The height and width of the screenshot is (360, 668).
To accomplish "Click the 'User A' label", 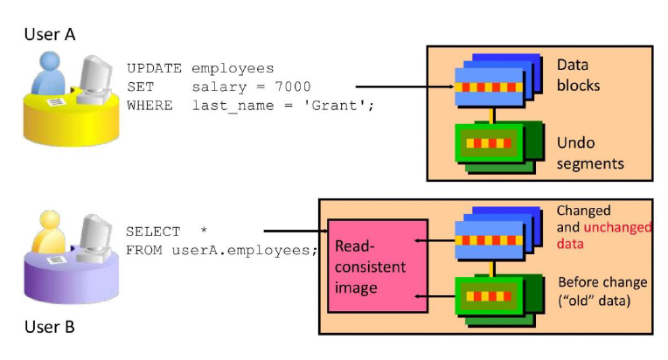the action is tap(50, 34).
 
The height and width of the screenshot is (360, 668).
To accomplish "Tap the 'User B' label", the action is tap(50, 327).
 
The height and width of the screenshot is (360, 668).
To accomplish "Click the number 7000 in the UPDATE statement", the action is tap(293, 87).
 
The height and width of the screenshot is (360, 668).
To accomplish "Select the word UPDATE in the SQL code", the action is tap(154, 68).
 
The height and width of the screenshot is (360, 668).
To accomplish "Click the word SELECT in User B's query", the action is tap(153, 232).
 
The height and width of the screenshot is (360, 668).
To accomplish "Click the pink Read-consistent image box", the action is tap(378, 266).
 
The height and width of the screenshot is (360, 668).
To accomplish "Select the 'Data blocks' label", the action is tap(578, 75).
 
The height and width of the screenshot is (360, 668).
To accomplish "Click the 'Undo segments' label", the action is tap(590, 153).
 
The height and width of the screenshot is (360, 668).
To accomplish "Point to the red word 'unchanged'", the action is tap(617, 227).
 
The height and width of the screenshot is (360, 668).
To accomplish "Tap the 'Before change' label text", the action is tap(602, 282).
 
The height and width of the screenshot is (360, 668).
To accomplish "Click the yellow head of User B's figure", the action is tap(50, 221).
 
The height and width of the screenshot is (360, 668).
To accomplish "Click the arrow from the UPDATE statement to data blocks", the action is tap(405, 87).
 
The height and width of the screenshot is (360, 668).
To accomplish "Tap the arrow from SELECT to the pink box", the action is tap(296, 231).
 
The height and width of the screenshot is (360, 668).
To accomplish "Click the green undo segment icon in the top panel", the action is tap(499, 147).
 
